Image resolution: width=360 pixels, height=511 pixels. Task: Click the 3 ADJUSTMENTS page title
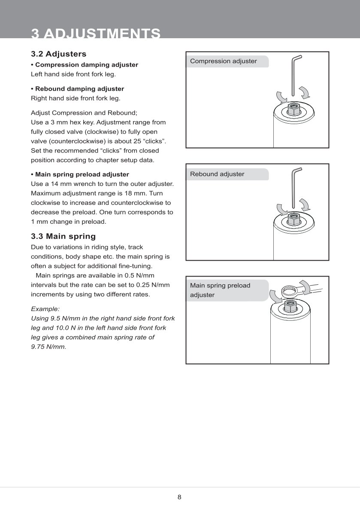96,33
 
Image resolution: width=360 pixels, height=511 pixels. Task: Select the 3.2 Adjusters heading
58,54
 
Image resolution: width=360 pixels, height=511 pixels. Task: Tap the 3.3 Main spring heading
63,236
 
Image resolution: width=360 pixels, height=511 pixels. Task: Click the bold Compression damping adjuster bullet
85,65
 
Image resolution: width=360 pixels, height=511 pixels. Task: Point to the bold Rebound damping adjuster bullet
77,89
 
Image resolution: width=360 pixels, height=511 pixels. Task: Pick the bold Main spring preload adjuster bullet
80,174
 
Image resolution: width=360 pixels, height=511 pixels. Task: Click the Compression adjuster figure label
224,61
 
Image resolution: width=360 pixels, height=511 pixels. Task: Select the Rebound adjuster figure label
217,174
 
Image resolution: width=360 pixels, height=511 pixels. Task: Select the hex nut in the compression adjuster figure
294,110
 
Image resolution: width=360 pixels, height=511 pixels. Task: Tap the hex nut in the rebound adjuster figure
294,219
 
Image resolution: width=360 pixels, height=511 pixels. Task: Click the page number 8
179,497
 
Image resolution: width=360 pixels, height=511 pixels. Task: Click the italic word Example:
45,309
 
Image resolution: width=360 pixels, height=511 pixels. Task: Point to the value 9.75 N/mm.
48,347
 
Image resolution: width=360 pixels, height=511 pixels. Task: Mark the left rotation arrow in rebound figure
281,209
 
